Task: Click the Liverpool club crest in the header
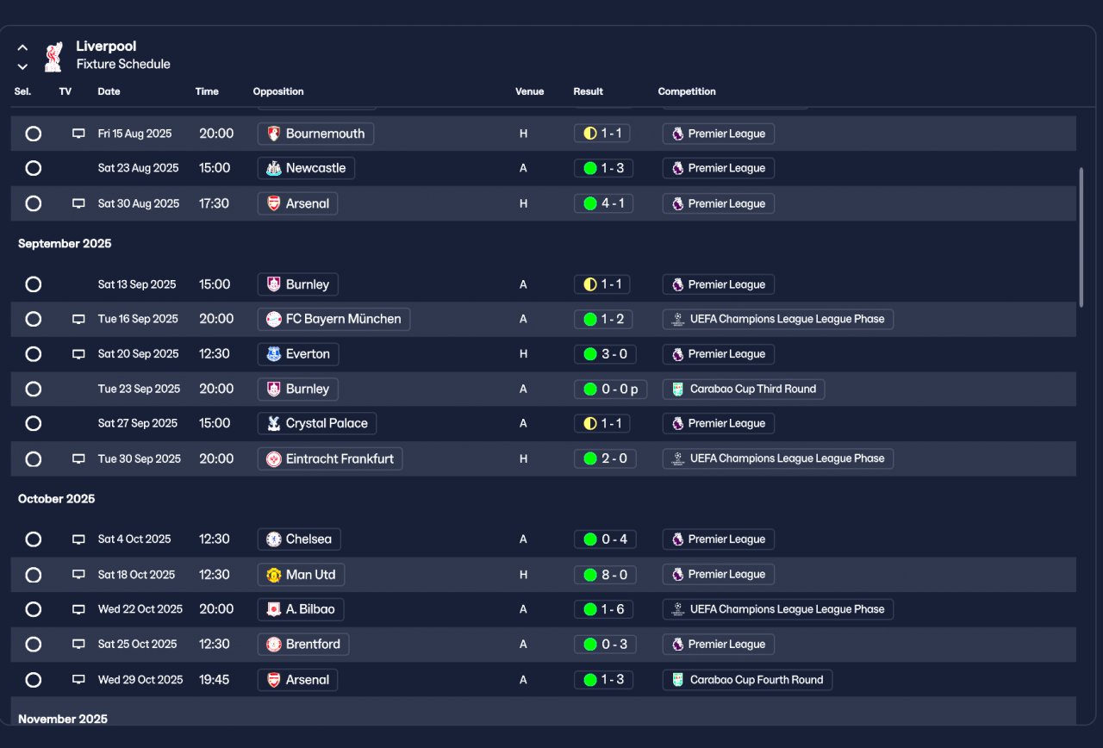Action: point(53,56)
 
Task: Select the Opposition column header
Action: point(278,91)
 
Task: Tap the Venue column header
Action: point(529,91)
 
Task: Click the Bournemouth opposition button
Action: point(315,134)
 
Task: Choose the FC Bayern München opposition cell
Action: point(333,319)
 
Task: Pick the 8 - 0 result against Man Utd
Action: point(605,575)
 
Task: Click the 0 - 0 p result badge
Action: point(610,390)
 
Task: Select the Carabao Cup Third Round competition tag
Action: point(743,390)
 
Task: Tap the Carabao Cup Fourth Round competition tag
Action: point(747,680)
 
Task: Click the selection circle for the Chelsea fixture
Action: point(34,539)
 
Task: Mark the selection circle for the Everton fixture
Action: point(34,354)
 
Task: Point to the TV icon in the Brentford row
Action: point(78,645)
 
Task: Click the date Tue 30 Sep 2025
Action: point(140,459)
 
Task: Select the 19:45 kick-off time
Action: point(215,680)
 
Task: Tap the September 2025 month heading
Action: point(65,244)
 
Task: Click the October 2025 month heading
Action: point(57,499)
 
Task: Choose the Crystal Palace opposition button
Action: point(316,424)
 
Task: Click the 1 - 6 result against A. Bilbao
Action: point(604,609)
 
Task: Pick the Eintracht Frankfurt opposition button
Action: point(329,459)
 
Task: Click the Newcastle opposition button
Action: point(306,168)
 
